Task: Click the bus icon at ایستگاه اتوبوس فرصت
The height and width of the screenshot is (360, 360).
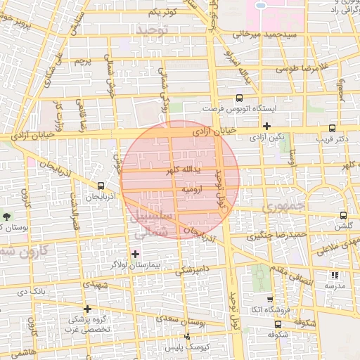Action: (x=239, y=98)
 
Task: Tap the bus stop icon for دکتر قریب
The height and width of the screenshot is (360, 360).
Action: (x=332, y=128)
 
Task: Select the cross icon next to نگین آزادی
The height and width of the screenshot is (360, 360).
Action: (x=266, y=126)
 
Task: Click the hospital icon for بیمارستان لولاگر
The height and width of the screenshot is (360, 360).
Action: (x=135, y=253)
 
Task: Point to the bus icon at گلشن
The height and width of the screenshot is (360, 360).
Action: (x=343, y=215)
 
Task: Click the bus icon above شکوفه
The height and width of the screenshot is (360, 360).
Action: (x=278, y=324)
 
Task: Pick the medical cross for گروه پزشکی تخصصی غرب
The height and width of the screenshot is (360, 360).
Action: (x=87, y=309)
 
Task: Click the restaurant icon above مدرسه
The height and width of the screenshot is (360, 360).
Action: (x=334, y=275)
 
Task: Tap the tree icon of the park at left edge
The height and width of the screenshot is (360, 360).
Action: (x=7, y=216)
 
